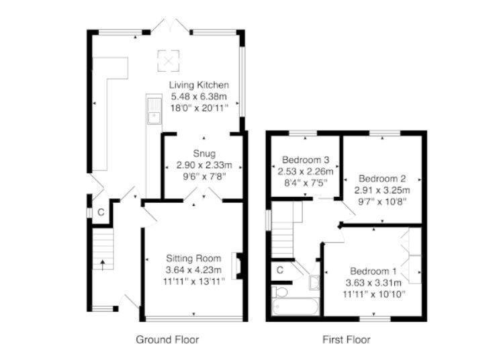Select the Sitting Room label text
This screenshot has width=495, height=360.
tap(193, 259)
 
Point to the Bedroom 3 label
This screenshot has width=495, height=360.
tap(305, 161)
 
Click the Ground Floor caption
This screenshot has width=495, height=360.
tap(167, 339)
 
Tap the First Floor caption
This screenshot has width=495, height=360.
tap(346, 339)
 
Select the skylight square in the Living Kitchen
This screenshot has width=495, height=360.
tap(168, 60)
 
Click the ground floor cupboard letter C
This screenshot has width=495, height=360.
tap(101, 213)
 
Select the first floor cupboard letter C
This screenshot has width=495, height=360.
tap(279, 270)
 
